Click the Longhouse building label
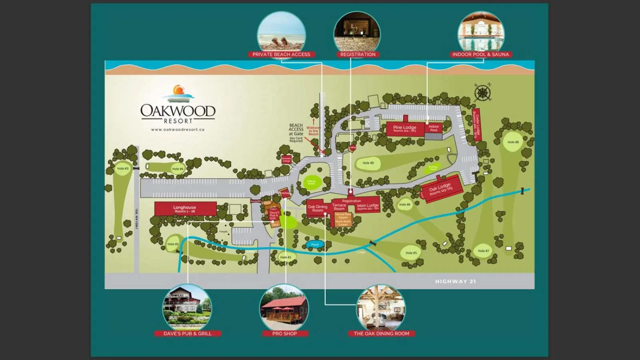[x=185, y=208]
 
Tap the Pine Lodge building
[x=404, y=128]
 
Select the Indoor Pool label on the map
[x=434, y=128]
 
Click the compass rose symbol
[x=482, y=93]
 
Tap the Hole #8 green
[x=513, y=142]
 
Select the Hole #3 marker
[x=123, y=169]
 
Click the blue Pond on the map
[x=315, y=244]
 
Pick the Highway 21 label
[x=455, y=282]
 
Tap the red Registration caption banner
[x=358, y=54]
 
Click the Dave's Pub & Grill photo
[x=187, y=307]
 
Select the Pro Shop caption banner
[x=284, y=334]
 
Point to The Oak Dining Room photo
[x=381, y=307]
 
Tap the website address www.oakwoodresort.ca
[x=178, y=130]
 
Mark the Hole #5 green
[x=411, y=253]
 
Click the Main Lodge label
[x=368, y=206]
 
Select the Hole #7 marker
[x=483, y=251]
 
